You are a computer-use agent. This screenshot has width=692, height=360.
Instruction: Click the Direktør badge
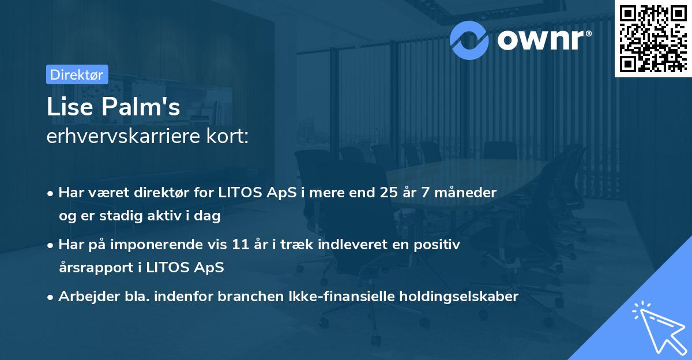pyautogui.click(x=76, y=74)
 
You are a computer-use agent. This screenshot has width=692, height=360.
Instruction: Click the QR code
pyautogui.click(x=652, y=37)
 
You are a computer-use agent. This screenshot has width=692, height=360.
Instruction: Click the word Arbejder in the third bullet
pyautogui.click(x=82, y=297)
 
